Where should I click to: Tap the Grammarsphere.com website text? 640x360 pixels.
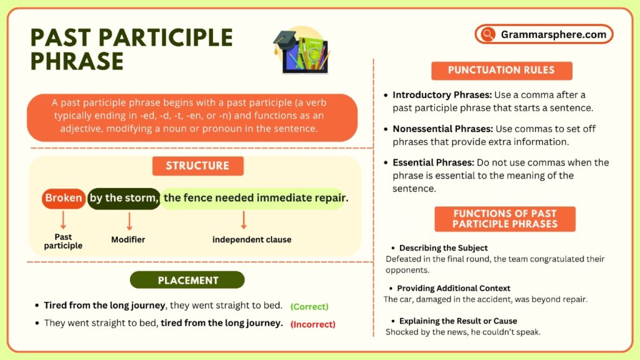pos(553,34)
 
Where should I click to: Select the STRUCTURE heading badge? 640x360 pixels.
pos(197,166)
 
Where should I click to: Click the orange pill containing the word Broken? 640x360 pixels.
pos(64,198)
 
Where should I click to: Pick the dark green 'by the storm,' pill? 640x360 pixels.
pos(124,198)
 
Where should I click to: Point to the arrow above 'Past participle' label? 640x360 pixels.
pos(63,219)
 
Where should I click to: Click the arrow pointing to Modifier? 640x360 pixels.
pos(129,221)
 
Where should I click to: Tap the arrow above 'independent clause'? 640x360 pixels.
pos(243,219)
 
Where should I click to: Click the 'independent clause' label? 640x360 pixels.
pos(251,239)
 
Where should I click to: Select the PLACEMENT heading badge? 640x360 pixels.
pos(187,280)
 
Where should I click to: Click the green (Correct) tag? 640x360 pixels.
pos(309,306)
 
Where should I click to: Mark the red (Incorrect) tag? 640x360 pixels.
pos(313,324)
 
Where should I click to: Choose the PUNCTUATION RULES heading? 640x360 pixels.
pos(501,70)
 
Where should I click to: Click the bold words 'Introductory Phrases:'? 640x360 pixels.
pos(442,96)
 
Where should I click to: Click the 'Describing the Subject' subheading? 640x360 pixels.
pos(443,248)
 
